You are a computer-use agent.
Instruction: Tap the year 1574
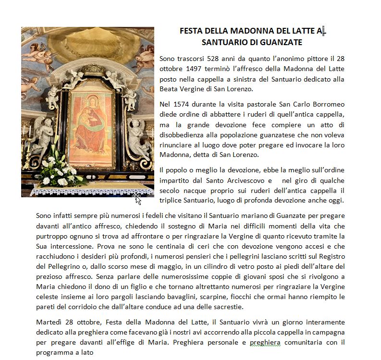point(180,104)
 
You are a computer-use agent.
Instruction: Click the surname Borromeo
point(328,104)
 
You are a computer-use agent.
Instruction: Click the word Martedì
point(49,323)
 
